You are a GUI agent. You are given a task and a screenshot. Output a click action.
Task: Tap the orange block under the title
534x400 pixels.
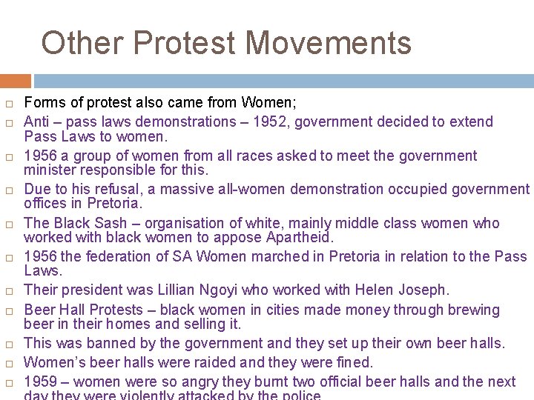point(16,81)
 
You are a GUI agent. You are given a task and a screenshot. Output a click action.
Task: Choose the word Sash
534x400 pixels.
point(112,223)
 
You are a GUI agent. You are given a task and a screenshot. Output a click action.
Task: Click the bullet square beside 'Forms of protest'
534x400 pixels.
point(9,104)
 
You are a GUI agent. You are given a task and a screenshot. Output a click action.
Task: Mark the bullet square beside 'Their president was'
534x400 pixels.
point(9,290)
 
